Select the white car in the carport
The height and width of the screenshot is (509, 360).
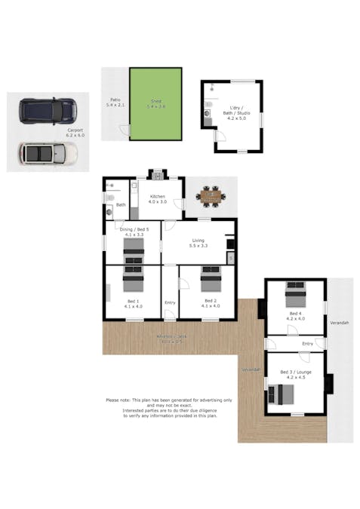[x=47, y=154]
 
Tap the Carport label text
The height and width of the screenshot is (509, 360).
[x=74, y=133]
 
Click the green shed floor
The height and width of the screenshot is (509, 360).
[x=155, y=103]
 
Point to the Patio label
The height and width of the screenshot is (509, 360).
[x=115, y=103]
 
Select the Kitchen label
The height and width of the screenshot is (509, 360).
[x=156, y=198]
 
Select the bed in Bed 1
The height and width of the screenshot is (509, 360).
[x=133, y=281]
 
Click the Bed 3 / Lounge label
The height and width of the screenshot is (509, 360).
[x=294, y=375]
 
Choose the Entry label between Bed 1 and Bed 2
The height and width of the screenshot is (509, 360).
[x=170, y=303]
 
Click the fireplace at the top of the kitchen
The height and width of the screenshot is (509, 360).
[x=158, y=175]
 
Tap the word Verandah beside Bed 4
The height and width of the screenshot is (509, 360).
[x=340, y=323]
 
